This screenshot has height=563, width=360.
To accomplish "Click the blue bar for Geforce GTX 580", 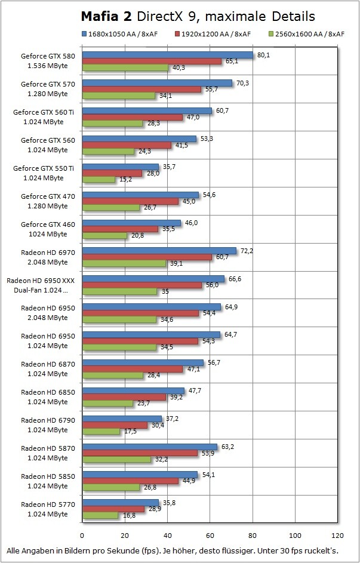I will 167,55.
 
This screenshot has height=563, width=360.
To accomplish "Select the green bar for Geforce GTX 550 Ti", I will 99,179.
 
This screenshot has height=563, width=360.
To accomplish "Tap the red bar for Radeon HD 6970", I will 147,257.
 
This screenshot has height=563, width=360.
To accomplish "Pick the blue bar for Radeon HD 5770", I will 120,503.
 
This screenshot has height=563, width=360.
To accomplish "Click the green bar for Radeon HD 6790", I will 101,431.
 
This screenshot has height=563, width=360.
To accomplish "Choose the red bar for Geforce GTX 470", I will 130,201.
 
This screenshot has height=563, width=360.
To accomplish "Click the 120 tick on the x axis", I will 338,534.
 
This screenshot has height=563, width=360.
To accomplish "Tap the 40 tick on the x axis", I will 167,534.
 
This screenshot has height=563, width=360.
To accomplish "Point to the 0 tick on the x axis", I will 82,534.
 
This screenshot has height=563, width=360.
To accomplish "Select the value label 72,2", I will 247,251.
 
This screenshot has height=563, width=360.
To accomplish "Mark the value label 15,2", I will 125,179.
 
